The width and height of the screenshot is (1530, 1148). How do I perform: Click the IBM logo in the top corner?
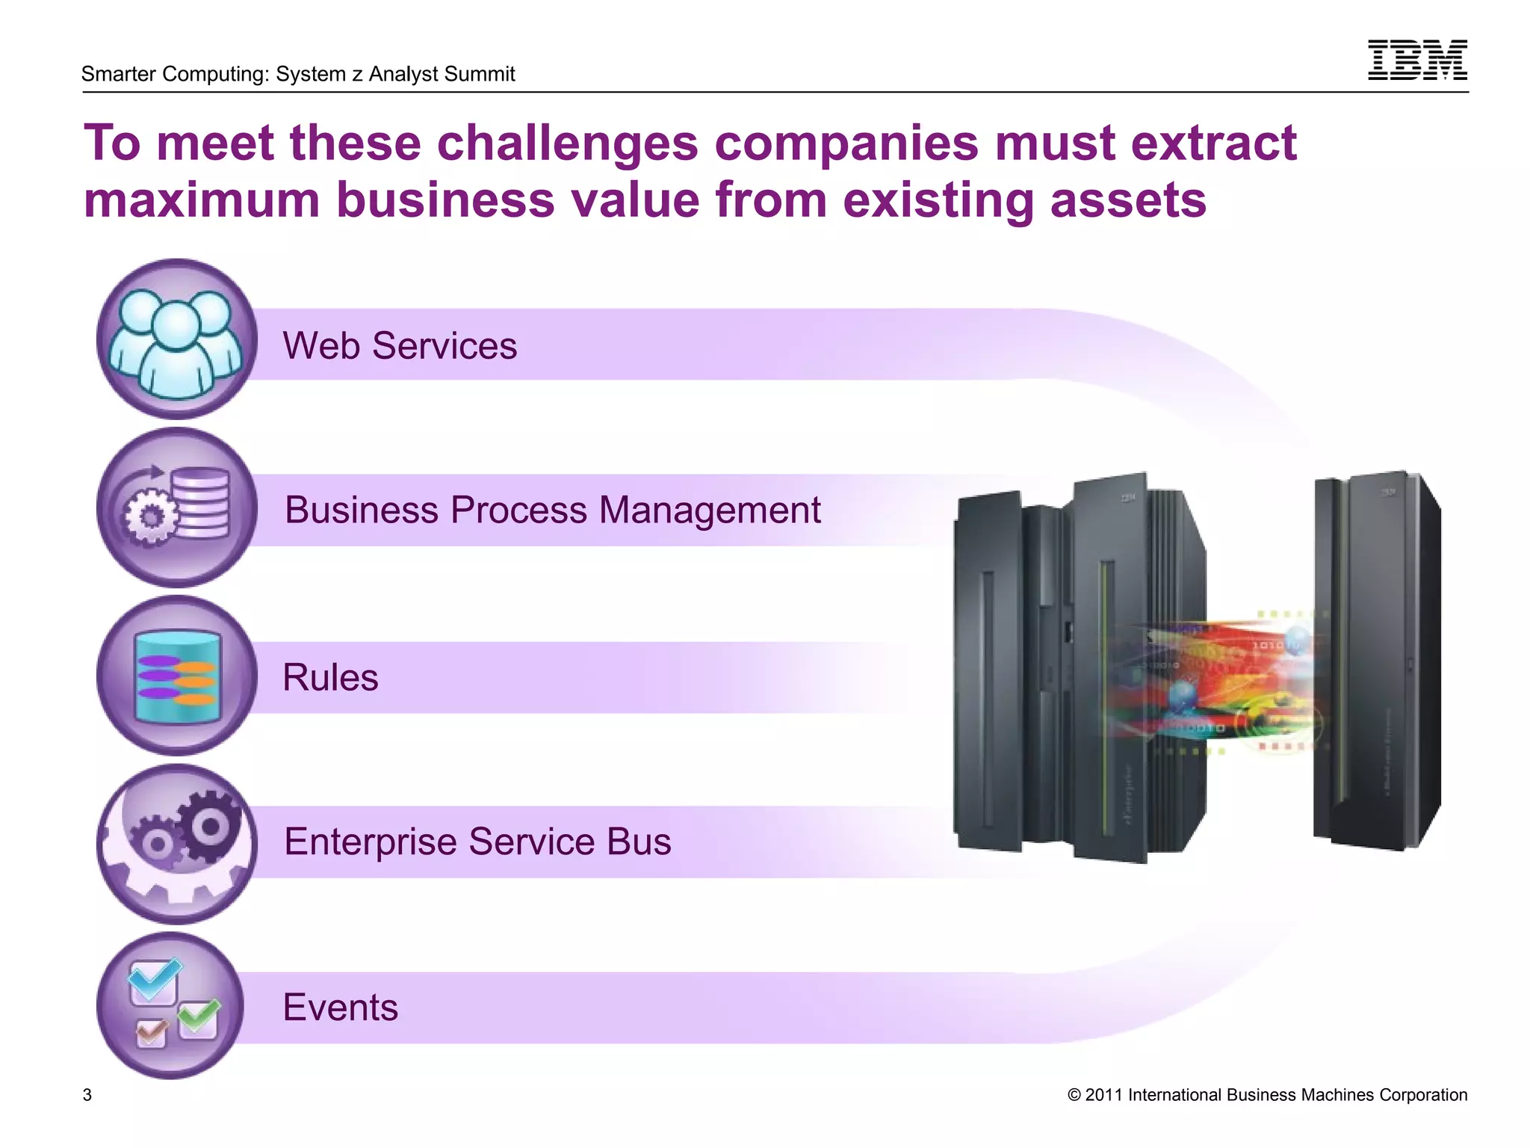pos(1416,60)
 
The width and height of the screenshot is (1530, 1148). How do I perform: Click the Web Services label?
pos(400,345)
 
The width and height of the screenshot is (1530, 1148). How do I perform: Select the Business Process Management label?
pos(552,510)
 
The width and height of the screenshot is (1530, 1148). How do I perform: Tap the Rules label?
pos(330,677)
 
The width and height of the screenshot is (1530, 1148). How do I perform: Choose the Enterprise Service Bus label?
pos(477,842)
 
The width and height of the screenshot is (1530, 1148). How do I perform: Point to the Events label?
pos(340,1007)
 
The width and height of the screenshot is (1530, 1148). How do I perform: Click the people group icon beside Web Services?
pos(176,340)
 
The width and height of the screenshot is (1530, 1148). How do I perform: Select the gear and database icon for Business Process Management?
pos(176,508)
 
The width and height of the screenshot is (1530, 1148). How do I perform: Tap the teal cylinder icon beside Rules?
pos(176,676)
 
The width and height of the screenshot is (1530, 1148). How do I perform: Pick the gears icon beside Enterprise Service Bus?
pos(176,843)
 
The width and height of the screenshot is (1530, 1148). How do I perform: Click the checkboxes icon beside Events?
pos(172,1005)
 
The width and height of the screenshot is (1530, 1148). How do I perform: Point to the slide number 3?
pos(87,1095)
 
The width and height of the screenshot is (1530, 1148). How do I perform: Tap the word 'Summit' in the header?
pos(483,74)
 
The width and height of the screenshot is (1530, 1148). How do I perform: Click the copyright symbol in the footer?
pos(1074,1095)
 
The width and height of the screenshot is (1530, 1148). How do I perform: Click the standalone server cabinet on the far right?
pos(1377,661)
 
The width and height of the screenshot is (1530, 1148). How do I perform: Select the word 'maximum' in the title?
pos(201,200)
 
